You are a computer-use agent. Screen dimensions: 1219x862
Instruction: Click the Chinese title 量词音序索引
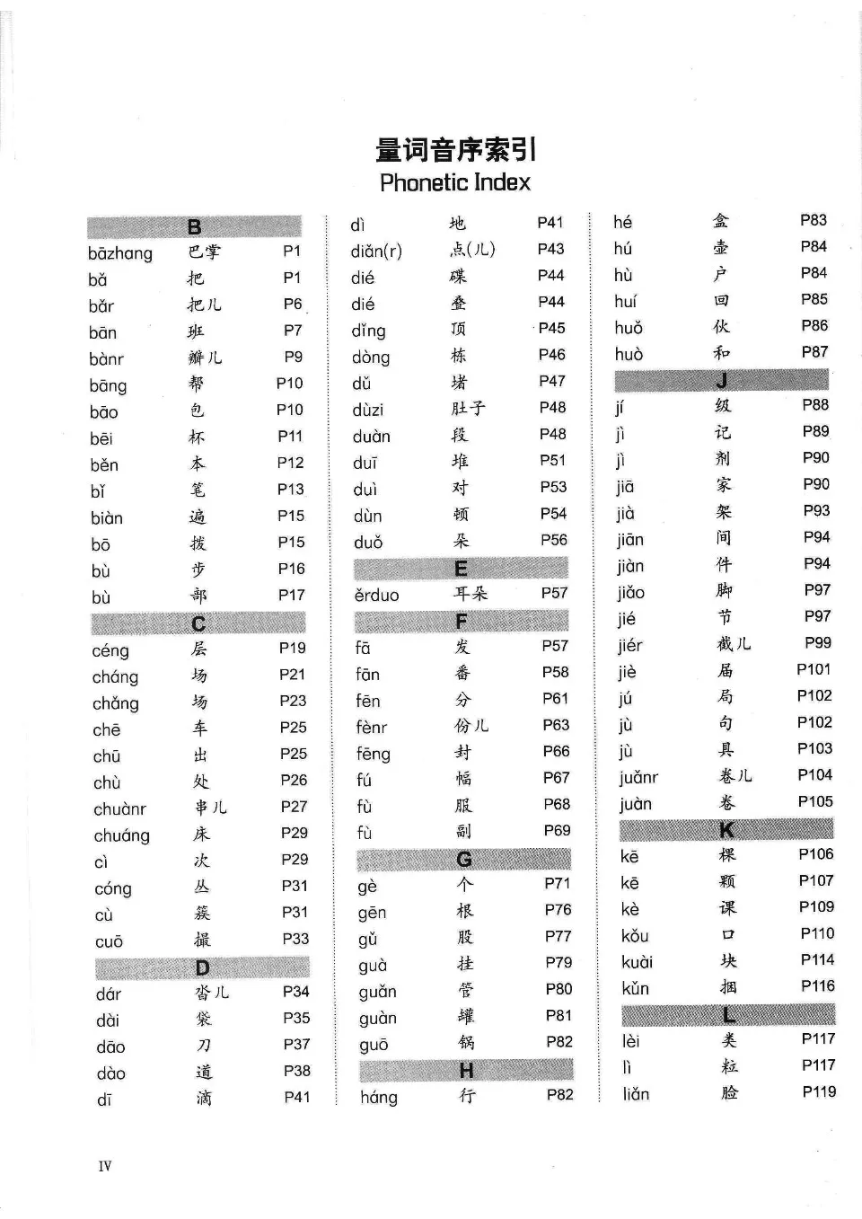click(455, 150)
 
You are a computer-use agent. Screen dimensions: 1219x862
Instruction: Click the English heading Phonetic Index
click(455, 182)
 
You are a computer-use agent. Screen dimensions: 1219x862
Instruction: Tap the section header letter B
click(195, 227)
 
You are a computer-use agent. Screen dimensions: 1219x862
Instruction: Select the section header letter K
click(726, 829)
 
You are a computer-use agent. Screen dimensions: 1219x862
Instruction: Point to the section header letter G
click(464, 860)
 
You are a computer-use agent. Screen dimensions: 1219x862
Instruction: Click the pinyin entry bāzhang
click(120, 253)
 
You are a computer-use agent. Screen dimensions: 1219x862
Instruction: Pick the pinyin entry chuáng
click(122, 835)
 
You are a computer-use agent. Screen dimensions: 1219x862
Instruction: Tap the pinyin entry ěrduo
click(376, 595)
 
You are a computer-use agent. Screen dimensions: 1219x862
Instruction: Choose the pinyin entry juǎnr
click(638, 778)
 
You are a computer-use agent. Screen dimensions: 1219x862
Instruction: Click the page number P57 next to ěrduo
click(554, 593)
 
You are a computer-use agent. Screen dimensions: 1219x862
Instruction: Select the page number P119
click(818, 1091)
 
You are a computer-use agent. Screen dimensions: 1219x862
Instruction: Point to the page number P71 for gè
click(557, 883)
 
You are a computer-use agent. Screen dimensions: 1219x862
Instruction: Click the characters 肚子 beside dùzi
click(468, 409)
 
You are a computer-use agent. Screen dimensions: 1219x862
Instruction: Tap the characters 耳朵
click(471, 594)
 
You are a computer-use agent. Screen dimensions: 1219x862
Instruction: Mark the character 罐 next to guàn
click(465, 1016)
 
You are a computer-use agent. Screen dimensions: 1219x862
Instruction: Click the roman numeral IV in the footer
click(105, 1166)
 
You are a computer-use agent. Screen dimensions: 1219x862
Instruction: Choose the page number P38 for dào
click(296, 1071)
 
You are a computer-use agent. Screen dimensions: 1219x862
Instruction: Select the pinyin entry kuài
click(637, 962)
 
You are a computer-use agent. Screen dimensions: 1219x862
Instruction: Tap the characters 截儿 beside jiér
click(734, 644)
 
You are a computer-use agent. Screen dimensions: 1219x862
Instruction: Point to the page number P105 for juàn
click(815, 801)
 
